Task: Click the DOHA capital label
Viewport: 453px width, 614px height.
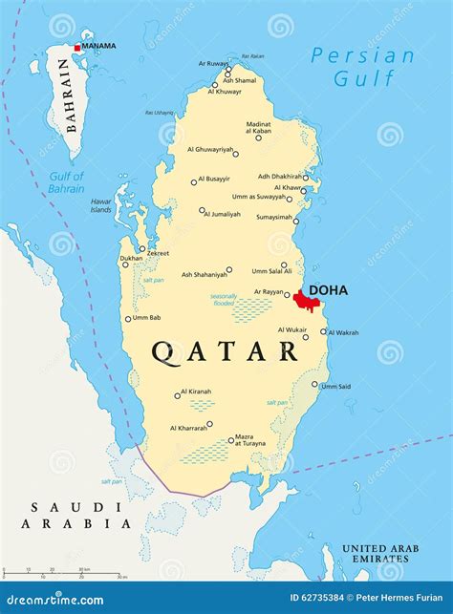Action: pos(328,290)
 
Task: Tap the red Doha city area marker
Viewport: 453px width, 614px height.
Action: pos(305,301)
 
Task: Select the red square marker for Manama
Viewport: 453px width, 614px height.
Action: pos(77,48)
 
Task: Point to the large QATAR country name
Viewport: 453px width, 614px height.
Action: pos(225,351)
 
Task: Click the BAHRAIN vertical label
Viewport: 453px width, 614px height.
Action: pos(65,95)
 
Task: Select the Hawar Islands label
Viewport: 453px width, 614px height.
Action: pos(101,205)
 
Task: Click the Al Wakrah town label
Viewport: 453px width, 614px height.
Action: pos(343,332)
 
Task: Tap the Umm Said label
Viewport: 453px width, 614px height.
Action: pos(335,386)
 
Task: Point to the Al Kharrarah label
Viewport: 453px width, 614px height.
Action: pos(187,428)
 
